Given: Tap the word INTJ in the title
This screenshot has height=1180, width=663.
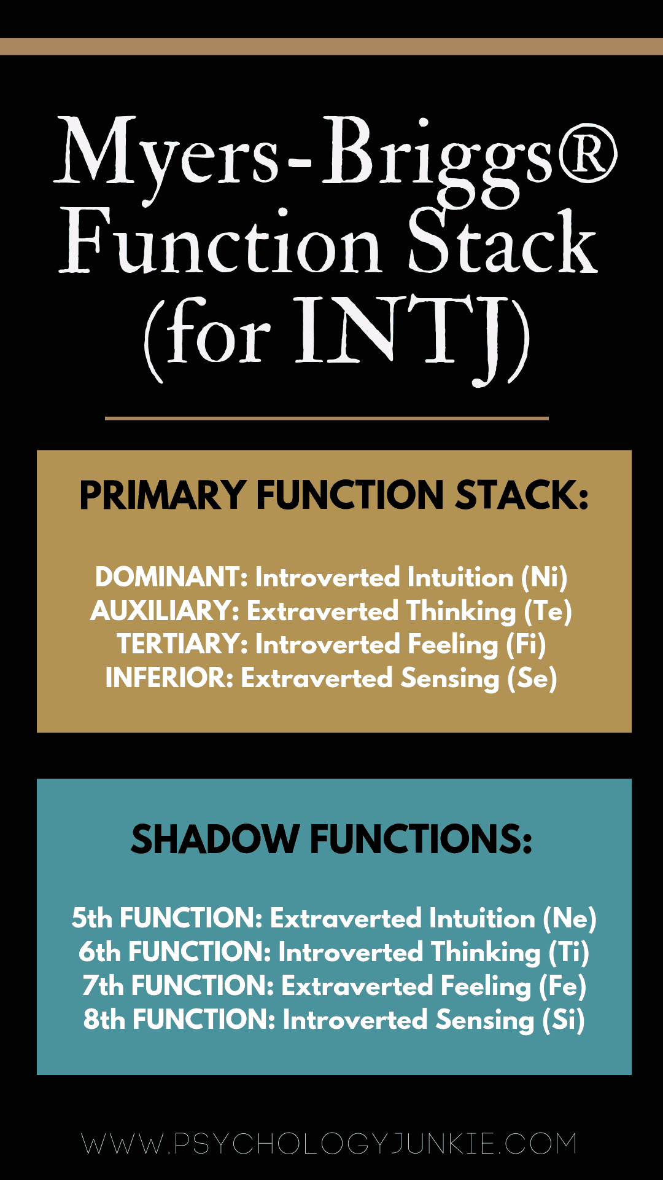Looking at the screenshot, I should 405,335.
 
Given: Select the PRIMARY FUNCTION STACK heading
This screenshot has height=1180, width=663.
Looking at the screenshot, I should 334,495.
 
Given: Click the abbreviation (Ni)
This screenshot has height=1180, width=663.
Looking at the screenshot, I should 544,578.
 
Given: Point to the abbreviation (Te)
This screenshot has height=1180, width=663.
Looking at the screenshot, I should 548,612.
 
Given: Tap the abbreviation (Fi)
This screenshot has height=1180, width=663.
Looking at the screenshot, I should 526,645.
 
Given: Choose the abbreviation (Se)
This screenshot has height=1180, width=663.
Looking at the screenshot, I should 532,678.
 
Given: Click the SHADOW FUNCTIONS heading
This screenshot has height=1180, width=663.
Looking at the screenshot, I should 331,840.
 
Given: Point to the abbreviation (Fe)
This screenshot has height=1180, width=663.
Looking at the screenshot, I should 562,986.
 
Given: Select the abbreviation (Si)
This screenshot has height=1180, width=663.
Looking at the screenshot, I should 564,1020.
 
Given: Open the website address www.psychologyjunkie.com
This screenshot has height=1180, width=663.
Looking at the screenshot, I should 330,1144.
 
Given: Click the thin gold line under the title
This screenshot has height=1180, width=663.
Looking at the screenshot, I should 327,419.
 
